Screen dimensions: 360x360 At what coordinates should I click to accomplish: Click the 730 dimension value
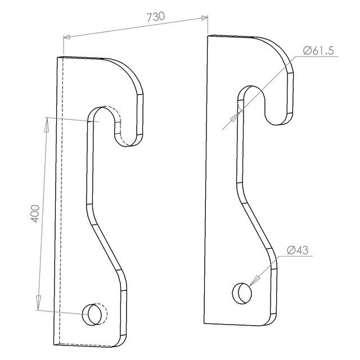156,17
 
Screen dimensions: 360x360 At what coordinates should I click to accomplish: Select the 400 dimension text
35,214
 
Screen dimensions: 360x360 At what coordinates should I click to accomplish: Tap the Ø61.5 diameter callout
318,51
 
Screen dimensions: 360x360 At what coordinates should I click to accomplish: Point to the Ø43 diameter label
298,250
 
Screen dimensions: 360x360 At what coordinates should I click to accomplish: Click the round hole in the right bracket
242,293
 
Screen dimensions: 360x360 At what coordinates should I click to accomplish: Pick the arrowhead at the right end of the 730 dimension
204,18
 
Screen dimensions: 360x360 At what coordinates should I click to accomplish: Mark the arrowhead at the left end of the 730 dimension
67,37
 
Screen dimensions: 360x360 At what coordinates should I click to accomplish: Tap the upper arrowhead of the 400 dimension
46,124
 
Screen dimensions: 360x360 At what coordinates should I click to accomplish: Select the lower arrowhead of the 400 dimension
38,303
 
